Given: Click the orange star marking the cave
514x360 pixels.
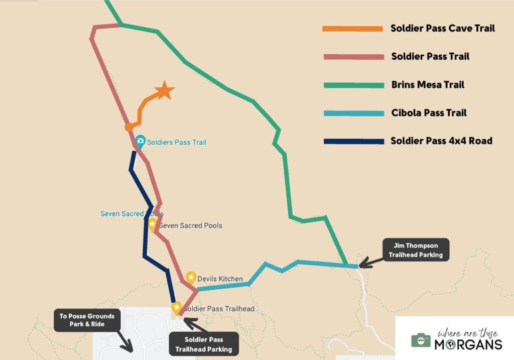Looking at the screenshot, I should click(164, 91).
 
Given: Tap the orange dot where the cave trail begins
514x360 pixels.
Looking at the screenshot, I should click(129, 127).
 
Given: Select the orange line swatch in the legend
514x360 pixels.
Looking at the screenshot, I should click(352, 29).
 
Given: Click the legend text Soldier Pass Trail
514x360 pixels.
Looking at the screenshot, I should click(430, 57).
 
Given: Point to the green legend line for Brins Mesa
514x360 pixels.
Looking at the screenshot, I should click(352, 85).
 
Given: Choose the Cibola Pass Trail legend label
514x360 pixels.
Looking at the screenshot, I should click(429, 113).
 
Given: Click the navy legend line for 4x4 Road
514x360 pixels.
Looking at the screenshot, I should click(352, 141).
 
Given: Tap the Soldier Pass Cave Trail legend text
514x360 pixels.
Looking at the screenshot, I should click(443, 29).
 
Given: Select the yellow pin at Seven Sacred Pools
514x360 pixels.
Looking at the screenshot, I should click(152, 224).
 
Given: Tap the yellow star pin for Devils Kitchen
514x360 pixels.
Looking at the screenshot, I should click(191, 277).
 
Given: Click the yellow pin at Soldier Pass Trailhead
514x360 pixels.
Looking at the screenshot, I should click(176, 307).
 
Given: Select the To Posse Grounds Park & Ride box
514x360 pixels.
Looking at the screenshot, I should click(87, 320).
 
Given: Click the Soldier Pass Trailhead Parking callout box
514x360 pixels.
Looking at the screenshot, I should click(203, 344).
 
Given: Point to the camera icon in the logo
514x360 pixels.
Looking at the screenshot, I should click(421, 340).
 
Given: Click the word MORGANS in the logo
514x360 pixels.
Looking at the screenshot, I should click(468, 344).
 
